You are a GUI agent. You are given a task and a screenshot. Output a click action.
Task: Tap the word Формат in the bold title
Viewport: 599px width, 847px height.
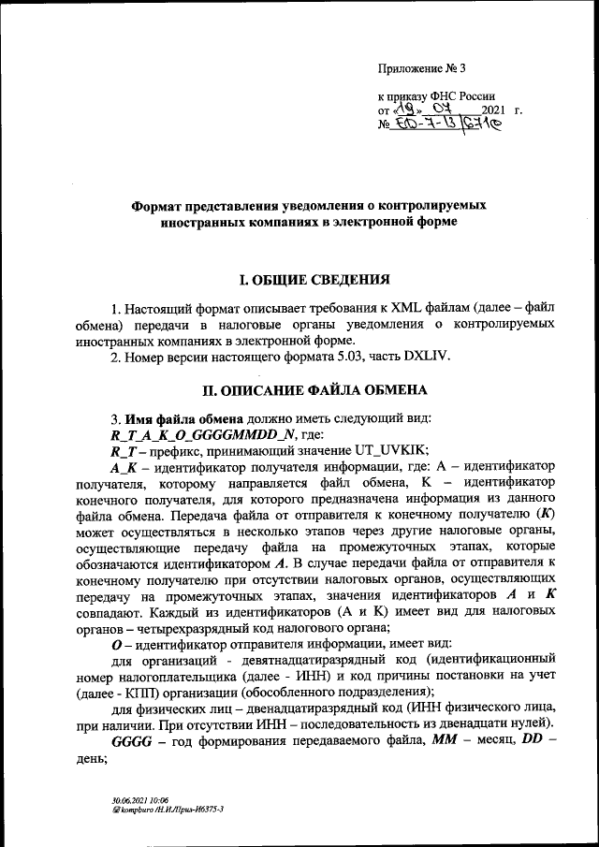tap(159, 203)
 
